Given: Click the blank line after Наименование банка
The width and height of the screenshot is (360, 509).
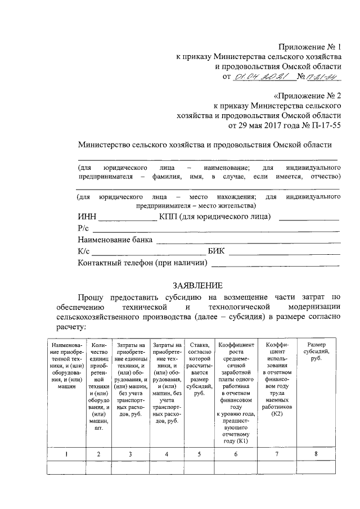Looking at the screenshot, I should (x=247, y=241).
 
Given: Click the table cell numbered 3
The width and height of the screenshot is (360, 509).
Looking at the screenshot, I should (x=130, y=454).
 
